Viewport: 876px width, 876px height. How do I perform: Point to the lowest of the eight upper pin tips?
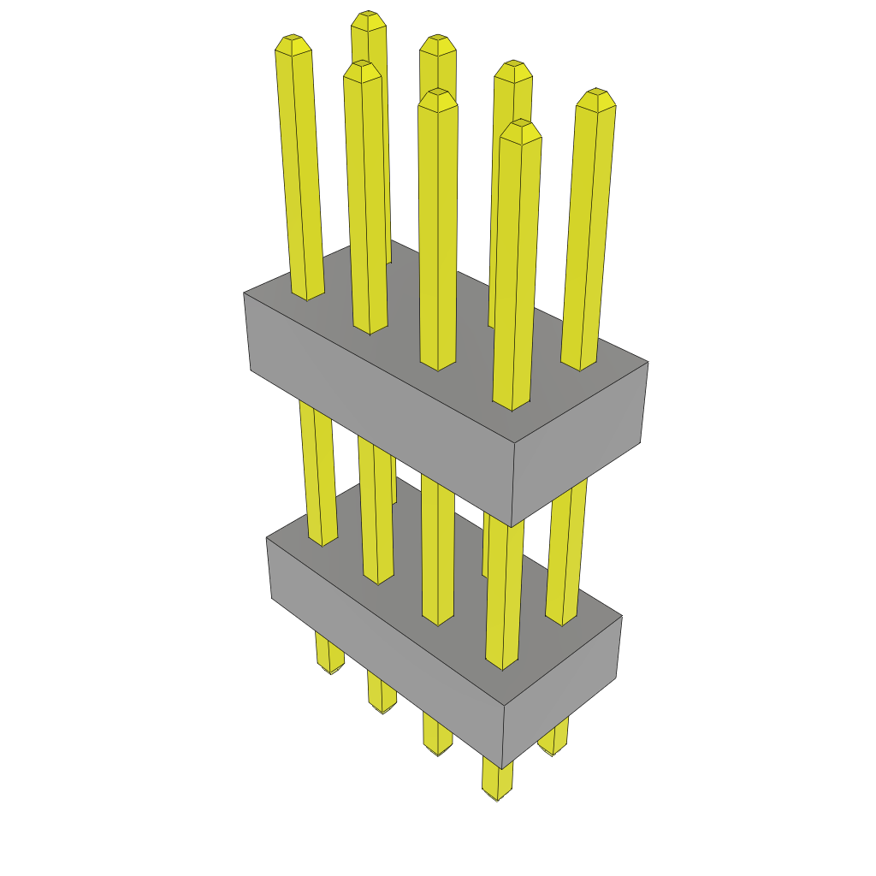pos(521,125)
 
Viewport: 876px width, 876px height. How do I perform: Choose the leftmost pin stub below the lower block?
pos(328,654)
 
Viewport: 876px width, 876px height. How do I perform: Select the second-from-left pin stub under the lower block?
pos(382,694)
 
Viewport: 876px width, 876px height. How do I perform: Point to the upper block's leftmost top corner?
pos(244,293)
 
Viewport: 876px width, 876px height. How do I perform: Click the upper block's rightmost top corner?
pos(648,362)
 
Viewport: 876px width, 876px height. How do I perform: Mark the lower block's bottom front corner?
pos(502,768)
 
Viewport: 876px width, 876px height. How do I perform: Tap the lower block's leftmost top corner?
pos(267,538)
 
